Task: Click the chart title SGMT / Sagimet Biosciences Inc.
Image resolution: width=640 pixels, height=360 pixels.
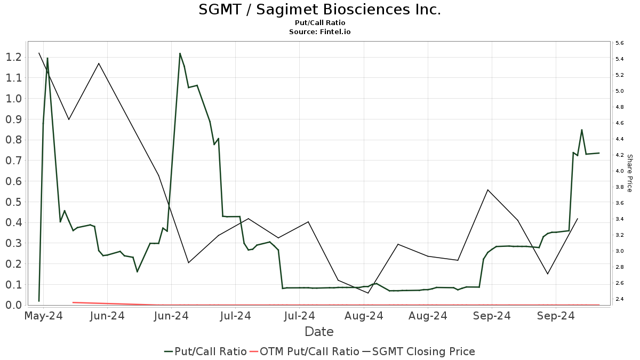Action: click(319, 10)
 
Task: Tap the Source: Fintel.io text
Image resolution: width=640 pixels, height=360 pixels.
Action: click(319, 31)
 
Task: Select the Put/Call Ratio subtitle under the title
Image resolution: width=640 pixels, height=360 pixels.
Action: click(319, 22)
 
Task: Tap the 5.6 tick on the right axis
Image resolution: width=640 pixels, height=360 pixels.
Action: click(620, 43)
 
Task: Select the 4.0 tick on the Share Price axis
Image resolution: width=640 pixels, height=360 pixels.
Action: click(620, 171)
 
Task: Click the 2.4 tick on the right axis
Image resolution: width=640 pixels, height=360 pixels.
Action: click(620, 299)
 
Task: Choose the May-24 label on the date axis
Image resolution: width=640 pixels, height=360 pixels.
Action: click(44, 316)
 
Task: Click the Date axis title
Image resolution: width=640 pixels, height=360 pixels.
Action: click(319, 332)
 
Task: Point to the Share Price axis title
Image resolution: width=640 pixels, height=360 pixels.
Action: click(629, 173)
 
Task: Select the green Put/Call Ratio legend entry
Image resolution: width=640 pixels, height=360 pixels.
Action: click(205, 351)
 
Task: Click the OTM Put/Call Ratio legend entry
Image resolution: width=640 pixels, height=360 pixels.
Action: click(304, 351)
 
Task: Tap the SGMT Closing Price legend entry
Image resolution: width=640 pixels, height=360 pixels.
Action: click(419, 351)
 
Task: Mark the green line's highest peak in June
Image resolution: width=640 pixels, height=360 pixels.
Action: click(180, 53)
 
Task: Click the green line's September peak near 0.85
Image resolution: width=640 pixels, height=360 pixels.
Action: click(581, 130)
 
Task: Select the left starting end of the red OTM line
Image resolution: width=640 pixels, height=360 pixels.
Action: click(73, 302)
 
